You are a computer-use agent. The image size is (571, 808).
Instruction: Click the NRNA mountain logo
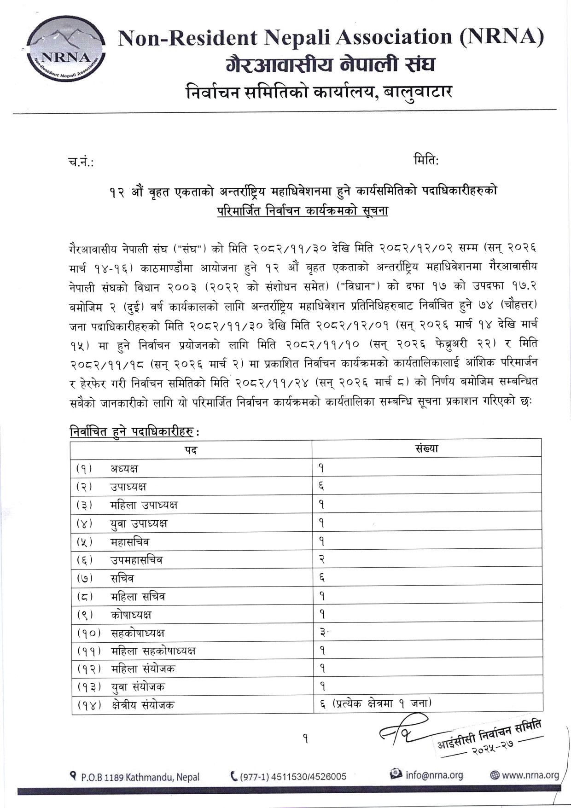pyautogui.click(x=66, y=49)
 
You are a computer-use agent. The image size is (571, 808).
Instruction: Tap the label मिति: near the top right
pyautogui.click(x=426, y=160)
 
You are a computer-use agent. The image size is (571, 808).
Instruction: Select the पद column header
pyautogui.click(x=191, y=450)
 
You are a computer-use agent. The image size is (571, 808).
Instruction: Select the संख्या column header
pyautogui.click(x=426, y=448)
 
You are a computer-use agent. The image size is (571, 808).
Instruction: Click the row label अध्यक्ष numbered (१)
pyautogui.click(x=124, y=469)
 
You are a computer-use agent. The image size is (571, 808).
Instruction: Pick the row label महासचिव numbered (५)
pyautogui.click(x=130, y=542)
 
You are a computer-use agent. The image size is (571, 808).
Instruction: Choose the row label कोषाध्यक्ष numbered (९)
pyautogui.click(x=131, y=615)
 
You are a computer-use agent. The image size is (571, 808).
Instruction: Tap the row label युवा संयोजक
pyautogui.click(x=138, y=687)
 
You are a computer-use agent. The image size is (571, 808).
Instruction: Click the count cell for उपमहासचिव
pyautogui.click(x=322, y=559)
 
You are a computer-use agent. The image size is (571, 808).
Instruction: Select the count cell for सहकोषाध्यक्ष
pyautogui.click(x=323, y=633)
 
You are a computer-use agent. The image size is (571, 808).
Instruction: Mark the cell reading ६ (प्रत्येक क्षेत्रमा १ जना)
pyautogui.click(x=375, y=703)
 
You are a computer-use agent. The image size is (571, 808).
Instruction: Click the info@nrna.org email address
pyautogui.click(x=434, y=775)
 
